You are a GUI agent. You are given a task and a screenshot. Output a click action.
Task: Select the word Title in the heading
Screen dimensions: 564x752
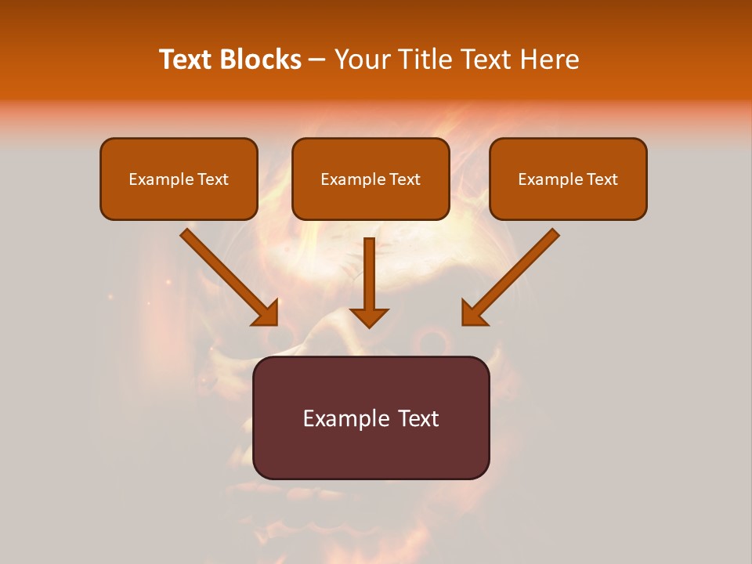click(425, 60)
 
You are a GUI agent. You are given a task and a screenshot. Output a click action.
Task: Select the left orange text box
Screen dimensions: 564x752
click(179, 201)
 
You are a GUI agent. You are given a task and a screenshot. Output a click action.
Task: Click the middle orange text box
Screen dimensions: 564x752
click(371, 201)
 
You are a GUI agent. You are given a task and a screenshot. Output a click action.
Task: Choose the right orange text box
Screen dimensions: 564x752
click(568, 201)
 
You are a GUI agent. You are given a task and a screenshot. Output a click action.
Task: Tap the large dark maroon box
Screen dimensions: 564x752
click(371, 450)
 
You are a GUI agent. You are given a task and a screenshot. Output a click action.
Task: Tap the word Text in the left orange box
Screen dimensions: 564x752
click(214, 179)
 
